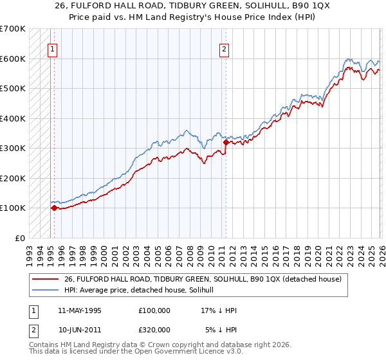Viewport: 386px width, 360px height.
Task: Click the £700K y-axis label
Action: (x=13, y=29)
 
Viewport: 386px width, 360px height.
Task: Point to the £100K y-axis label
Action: (x=13, y=208)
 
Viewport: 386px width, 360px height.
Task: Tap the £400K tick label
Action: (x=13, y=118)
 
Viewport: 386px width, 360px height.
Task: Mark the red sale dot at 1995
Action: (x=54, y=208)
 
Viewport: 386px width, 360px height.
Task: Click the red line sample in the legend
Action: (x=46, y=278)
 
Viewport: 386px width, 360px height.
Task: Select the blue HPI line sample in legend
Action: (x=46, y=290)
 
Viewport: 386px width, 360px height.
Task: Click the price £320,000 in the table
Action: (x=154, y=329)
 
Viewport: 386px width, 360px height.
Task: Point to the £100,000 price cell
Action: (x=154, y=310)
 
